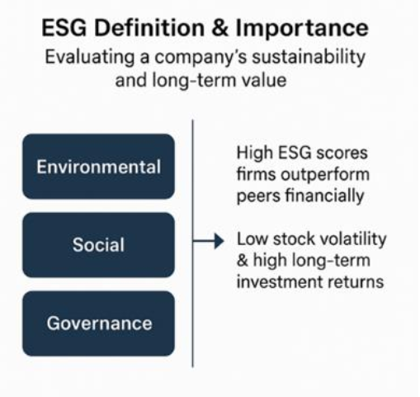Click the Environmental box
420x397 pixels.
click(98, 167)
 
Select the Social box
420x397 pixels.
click(98, 245)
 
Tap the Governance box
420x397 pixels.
click(98, 324)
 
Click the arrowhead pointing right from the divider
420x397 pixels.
click(219, 241)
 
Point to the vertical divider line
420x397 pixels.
click(192, 243)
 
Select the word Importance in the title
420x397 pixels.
click(302, 28)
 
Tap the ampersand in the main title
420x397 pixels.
click(220, 28)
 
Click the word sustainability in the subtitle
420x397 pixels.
click(309, 57)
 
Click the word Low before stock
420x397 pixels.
click(252, 239)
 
